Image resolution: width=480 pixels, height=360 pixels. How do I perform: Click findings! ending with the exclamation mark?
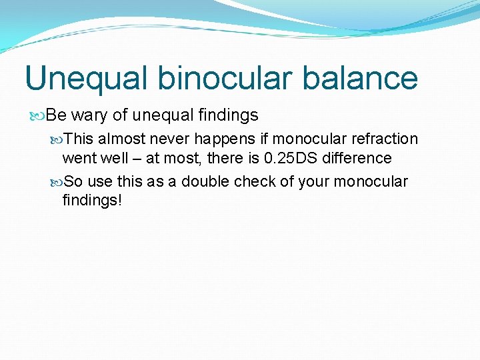pyautogui.click(x=92, y=200)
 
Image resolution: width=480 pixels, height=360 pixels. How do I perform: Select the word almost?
pyautogui.click(x=119, y=139)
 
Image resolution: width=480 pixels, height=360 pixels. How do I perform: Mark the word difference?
pyautogui.click(x=359, y=158)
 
